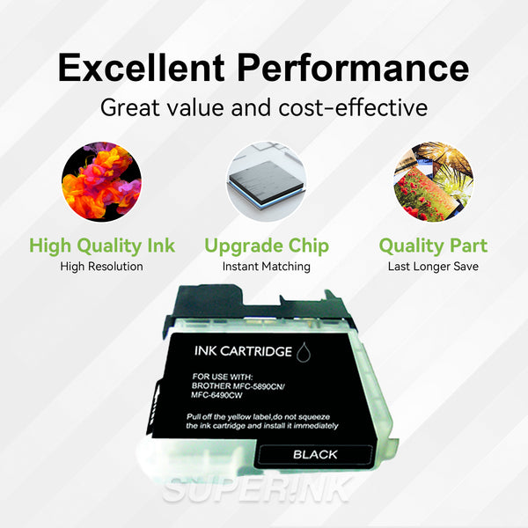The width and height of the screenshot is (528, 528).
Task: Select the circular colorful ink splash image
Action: pyautogui.click(x=101, y=182)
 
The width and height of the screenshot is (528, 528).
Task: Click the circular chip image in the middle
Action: pyautogui.click(x=266, y=182)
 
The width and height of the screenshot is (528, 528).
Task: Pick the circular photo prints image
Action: pyautogui.click(x=431, y=182)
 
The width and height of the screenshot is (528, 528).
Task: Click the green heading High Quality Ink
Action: pyautogui.click(x=101, y=246)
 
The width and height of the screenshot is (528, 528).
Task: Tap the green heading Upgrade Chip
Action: pyautogui.click(x=266, y=246)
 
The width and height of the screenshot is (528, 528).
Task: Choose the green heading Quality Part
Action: pyautogui.click(x=432, y=246)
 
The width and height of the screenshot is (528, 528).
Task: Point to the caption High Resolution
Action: pyautogui.click(x=101, y=266)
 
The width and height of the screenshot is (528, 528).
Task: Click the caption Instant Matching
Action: pyautogui.click(x=266, y=266)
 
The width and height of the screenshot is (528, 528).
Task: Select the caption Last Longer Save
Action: pyautogui.click(x=432, y=266)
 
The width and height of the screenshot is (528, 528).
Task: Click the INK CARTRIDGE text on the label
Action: pyautogui.click(x=241, y=351)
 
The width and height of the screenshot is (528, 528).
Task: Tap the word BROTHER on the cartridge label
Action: pyautogui.click(x=212, y=385)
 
